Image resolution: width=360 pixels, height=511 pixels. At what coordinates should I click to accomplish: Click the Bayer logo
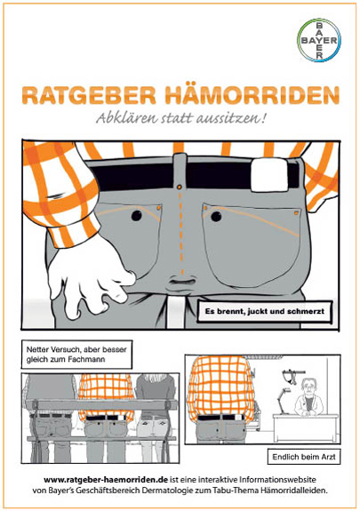(319, 40)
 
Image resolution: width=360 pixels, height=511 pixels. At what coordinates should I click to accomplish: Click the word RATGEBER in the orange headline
(89, 95)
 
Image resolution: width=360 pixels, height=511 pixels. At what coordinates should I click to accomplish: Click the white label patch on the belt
(269, 175)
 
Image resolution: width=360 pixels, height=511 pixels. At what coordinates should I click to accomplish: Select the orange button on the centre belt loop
(179, 187)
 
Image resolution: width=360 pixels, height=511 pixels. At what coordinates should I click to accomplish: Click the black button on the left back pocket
(137, 215)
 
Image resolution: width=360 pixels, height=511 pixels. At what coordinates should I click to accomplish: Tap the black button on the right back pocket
(216, 216)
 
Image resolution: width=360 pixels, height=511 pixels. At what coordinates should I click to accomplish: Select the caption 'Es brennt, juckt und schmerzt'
(265, 311)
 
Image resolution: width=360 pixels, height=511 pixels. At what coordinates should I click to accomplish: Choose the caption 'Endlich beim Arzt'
(304, 457)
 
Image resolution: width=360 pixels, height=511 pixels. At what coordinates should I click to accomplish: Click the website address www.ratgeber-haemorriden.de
(106, 480)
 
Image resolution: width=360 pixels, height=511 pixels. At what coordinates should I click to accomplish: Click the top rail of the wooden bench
(101, 404)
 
